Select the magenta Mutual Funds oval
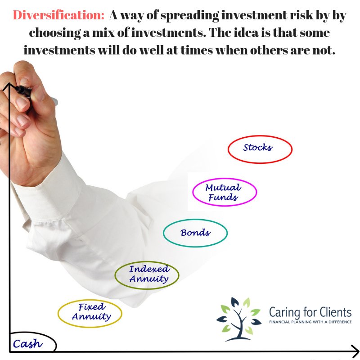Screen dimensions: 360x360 coord(224,192)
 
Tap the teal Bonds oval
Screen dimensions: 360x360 coord(195,233)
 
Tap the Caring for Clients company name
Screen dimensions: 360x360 coord(310,312)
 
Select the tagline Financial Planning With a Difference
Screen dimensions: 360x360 coord(310,323)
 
